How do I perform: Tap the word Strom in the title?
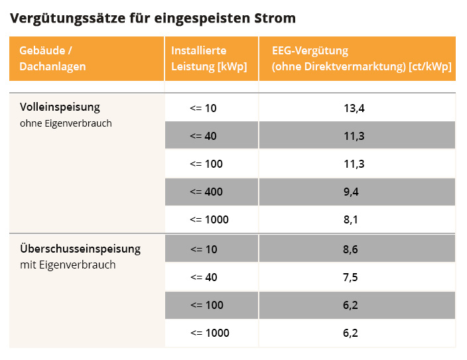pos(275,18)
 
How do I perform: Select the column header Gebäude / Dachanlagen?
pos(52,58)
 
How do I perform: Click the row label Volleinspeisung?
pos(60,107)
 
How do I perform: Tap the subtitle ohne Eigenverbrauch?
pos(66,123)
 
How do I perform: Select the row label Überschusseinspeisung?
pos(80,249)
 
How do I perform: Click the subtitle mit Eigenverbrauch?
pos(68,265)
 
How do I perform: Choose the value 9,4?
pos(351,192)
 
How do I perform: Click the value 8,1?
pos(351,219)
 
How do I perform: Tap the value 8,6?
pos(351,249)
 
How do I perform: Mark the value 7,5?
pos(351,277)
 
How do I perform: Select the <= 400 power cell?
pos(206,192)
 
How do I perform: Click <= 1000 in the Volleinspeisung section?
pos(209,219)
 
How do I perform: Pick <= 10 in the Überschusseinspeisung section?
pos(203,249)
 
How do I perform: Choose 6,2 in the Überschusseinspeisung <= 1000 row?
pos(351,333)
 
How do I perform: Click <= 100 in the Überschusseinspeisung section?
pos(206,305)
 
